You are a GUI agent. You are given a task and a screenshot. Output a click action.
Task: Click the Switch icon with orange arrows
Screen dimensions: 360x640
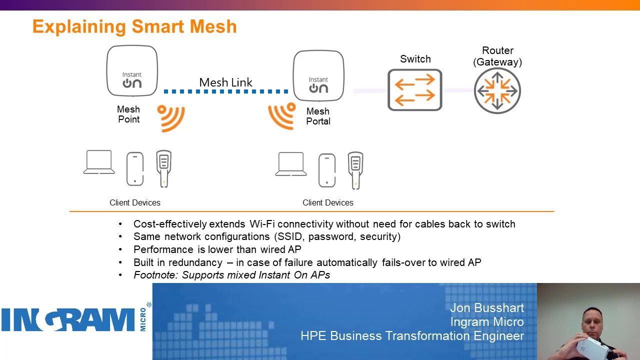[415, 90]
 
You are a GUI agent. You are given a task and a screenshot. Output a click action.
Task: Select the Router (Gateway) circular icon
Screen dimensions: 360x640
[497, 91]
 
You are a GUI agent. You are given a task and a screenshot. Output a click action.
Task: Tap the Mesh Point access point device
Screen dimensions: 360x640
[132, 70]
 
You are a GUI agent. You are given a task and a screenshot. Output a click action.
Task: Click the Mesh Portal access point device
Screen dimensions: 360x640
[318, 75]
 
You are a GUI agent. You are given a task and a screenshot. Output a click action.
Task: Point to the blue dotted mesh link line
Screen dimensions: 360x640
[226, 91]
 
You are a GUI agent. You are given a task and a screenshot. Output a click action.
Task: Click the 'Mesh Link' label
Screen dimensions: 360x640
[225, 82]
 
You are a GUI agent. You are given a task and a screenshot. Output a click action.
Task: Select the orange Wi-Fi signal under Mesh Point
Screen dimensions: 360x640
[171, 117]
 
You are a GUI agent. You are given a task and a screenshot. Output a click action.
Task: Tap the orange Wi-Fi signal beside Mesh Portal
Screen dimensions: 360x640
[282, 115]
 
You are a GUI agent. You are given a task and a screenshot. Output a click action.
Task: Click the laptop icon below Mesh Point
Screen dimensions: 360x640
[99, 162]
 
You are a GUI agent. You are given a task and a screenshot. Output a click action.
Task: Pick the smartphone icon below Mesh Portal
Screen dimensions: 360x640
[327, 170]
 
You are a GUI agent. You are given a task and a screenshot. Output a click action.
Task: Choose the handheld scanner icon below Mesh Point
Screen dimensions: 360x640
[163, 168]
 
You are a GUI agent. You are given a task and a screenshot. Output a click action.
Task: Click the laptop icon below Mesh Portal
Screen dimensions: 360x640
[291, 164]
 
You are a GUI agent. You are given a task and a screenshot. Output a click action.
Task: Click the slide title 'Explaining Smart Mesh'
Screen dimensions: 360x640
[134, 26]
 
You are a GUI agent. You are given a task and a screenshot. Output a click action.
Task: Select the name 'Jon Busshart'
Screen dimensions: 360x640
[486, 308]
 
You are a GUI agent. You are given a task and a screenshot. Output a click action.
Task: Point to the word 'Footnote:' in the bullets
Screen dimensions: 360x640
[156, 275]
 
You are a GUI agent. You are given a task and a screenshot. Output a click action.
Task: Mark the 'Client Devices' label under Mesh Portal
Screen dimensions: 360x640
[327, 202]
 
